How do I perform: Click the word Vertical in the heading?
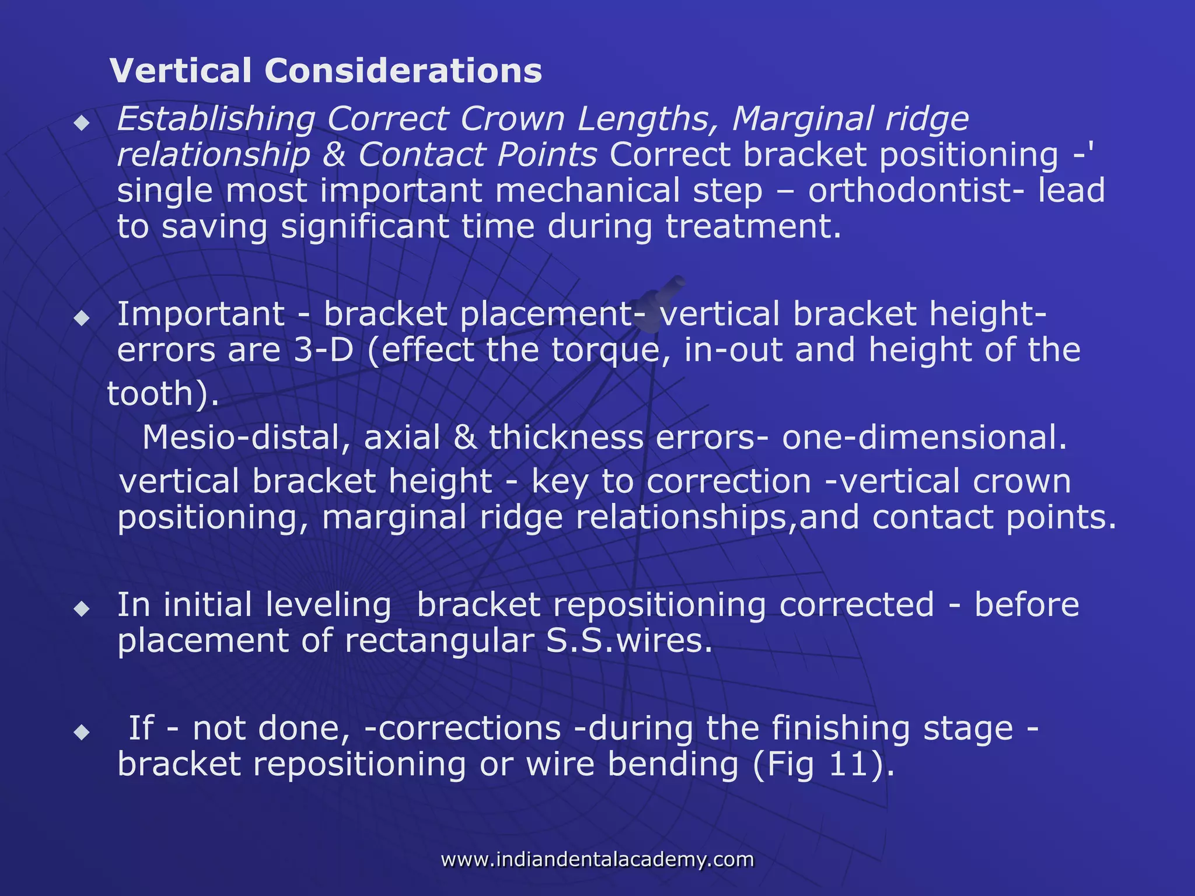[182, 71]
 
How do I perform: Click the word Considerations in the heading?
[403, 71]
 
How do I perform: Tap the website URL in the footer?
[597, 859]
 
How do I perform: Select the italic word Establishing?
[216, 120]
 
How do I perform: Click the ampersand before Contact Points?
[334, 155]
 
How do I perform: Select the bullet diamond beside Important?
[82, 318]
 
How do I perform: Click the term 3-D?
[323, 350]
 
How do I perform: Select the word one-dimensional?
[924, 437]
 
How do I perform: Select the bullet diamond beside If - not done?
[82, 731]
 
